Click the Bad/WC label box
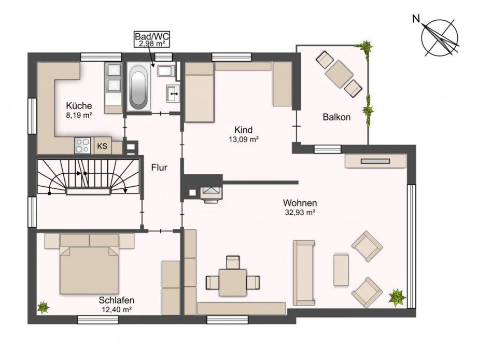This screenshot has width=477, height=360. tap(152, 39)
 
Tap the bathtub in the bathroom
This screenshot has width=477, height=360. tap(138, 87)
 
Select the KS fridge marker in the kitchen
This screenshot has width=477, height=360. tap(103, 146)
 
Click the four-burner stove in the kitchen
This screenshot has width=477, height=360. tap(83, 145)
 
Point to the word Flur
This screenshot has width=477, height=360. tap(159, 168)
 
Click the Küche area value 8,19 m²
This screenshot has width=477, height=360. tap(79, 115)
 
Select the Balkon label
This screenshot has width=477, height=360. tap(337, 117)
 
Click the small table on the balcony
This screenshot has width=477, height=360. tap(339, 74)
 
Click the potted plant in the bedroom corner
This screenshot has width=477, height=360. tap(43, 308)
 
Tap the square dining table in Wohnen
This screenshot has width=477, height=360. tap(233, 282)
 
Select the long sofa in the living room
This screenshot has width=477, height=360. tap(304, 273)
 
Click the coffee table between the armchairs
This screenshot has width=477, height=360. tap(341, 270)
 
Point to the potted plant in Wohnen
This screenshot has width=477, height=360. tap(397, 297)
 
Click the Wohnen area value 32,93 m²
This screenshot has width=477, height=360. tap(299, 213)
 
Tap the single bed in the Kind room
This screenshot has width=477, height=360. tap(199, 92)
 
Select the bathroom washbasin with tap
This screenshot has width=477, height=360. tap(173, 93)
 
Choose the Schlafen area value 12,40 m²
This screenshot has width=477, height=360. tap(116, 310)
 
